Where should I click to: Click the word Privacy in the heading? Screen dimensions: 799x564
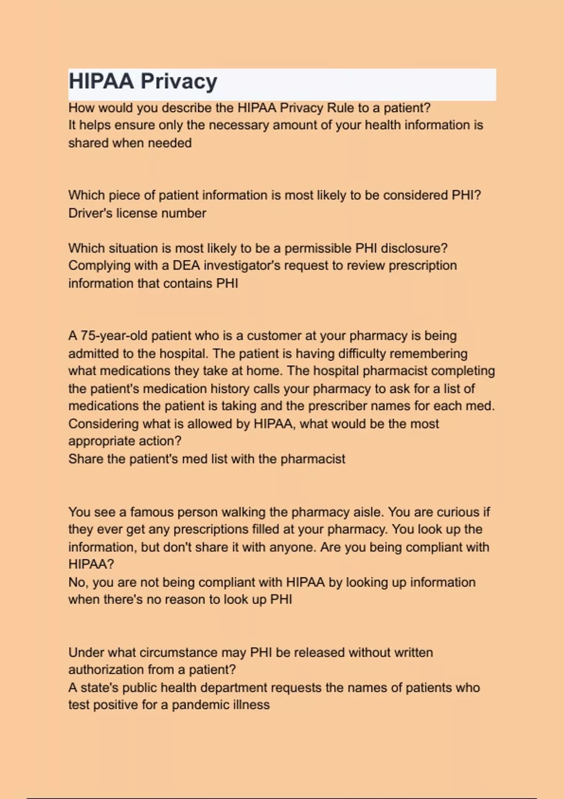179,81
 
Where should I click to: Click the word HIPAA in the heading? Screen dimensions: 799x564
101,81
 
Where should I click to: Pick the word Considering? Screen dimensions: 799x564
103,424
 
